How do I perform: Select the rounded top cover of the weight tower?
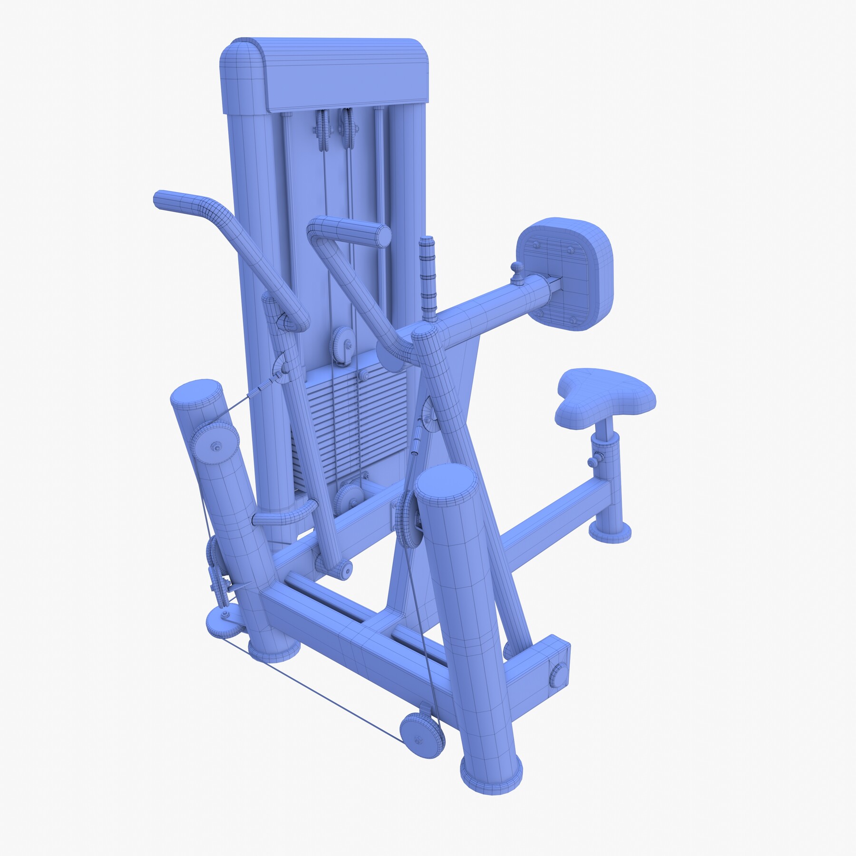pos(326,71)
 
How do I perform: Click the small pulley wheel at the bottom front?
pos(422,735)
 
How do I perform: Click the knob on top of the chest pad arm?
pos(517,270)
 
